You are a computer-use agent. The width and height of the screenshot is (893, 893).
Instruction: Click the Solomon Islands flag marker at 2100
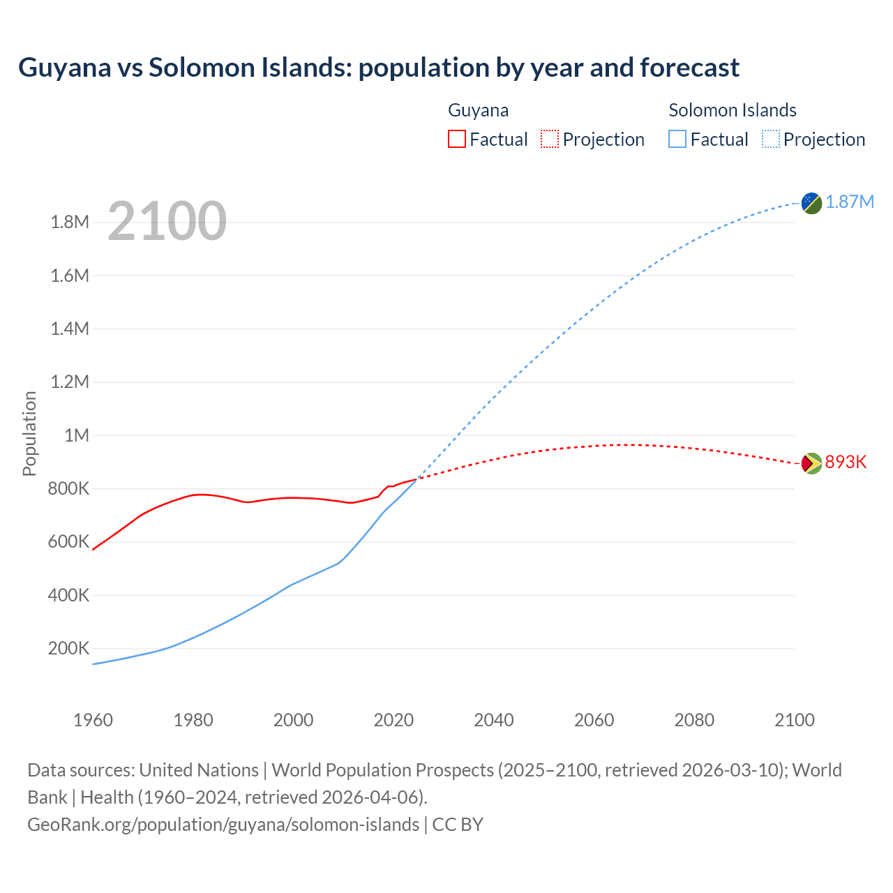[x=811, y=203]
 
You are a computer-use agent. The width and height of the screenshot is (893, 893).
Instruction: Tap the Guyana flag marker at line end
[x=811, y=463]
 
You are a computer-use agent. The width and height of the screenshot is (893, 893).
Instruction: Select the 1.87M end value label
[x=850, y=202]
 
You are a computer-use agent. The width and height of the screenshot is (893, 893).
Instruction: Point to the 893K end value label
[x=846, y=463]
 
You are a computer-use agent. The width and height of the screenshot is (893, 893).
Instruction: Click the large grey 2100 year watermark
[x=167, y=221]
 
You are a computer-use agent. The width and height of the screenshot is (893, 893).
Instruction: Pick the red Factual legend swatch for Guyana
[x=456, y=139]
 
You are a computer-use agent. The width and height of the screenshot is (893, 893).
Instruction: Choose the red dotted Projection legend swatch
[x=550, y=139]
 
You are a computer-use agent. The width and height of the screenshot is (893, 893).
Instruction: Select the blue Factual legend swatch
[x=677, y=139]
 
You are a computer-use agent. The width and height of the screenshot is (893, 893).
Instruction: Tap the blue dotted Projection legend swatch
[x=771, y=139]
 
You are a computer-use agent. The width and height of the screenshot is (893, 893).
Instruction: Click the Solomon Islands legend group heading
[x=732, y=110]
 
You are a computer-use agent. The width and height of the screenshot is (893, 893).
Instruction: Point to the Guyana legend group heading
[x=478, y=110]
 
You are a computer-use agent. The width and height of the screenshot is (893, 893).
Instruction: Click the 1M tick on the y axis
[x=77, y=436]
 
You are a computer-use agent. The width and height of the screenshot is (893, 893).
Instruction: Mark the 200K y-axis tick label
[x=68, y=649]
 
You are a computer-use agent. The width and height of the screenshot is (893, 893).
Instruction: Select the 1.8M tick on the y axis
[x=70, y=223]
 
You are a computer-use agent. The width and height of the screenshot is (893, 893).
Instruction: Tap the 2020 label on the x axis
[x=393, y=720]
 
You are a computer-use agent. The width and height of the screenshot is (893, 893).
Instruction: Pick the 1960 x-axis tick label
[x=93, y=720]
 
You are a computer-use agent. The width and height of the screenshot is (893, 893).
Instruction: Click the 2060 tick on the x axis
[x=594, y=720]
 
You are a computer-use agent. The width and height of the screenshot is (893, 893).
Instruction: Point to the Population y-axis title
[x=29, y=434]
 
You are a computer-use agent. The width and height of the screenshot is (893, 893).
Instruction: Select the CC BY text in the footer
[x=458, y=825]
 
